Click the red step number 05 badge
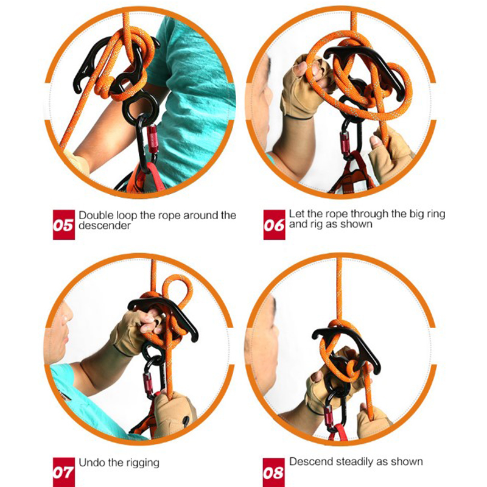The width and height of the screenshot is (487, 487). click(64, 225)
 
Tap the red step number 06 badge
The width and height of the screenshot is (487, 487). click(275, 225)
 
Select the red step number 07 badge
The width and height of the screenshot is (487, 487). click(64, 472)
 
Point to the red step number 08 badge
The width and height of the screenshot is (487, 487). click(273, 472)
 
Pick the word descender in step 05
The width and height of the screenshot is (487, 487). click(105, 225)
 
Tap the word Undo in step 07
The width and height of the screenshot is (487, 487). click(91, 463)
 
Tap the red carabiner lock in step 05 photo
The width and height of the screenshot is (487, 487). click(152, 139)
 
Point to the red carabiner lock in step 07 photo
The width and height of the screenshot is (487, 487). click(148, 383)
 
